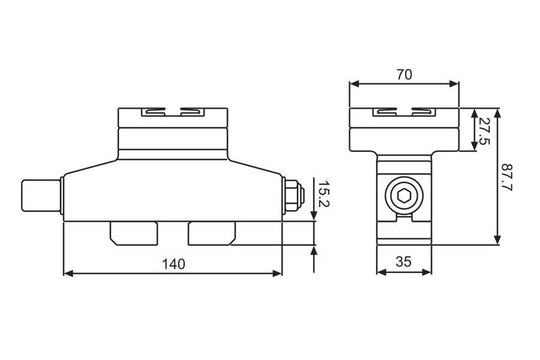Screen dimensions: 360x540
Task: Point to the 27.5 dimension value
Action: [483, 130]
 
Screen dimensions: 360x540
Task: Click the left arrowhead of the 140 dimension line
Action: [66, 272]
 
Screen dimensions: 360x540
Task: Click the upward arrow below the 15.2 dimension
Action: [315, 249]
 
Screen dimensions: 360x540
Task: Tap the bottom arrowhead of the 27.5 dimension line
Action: [472, 149]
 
